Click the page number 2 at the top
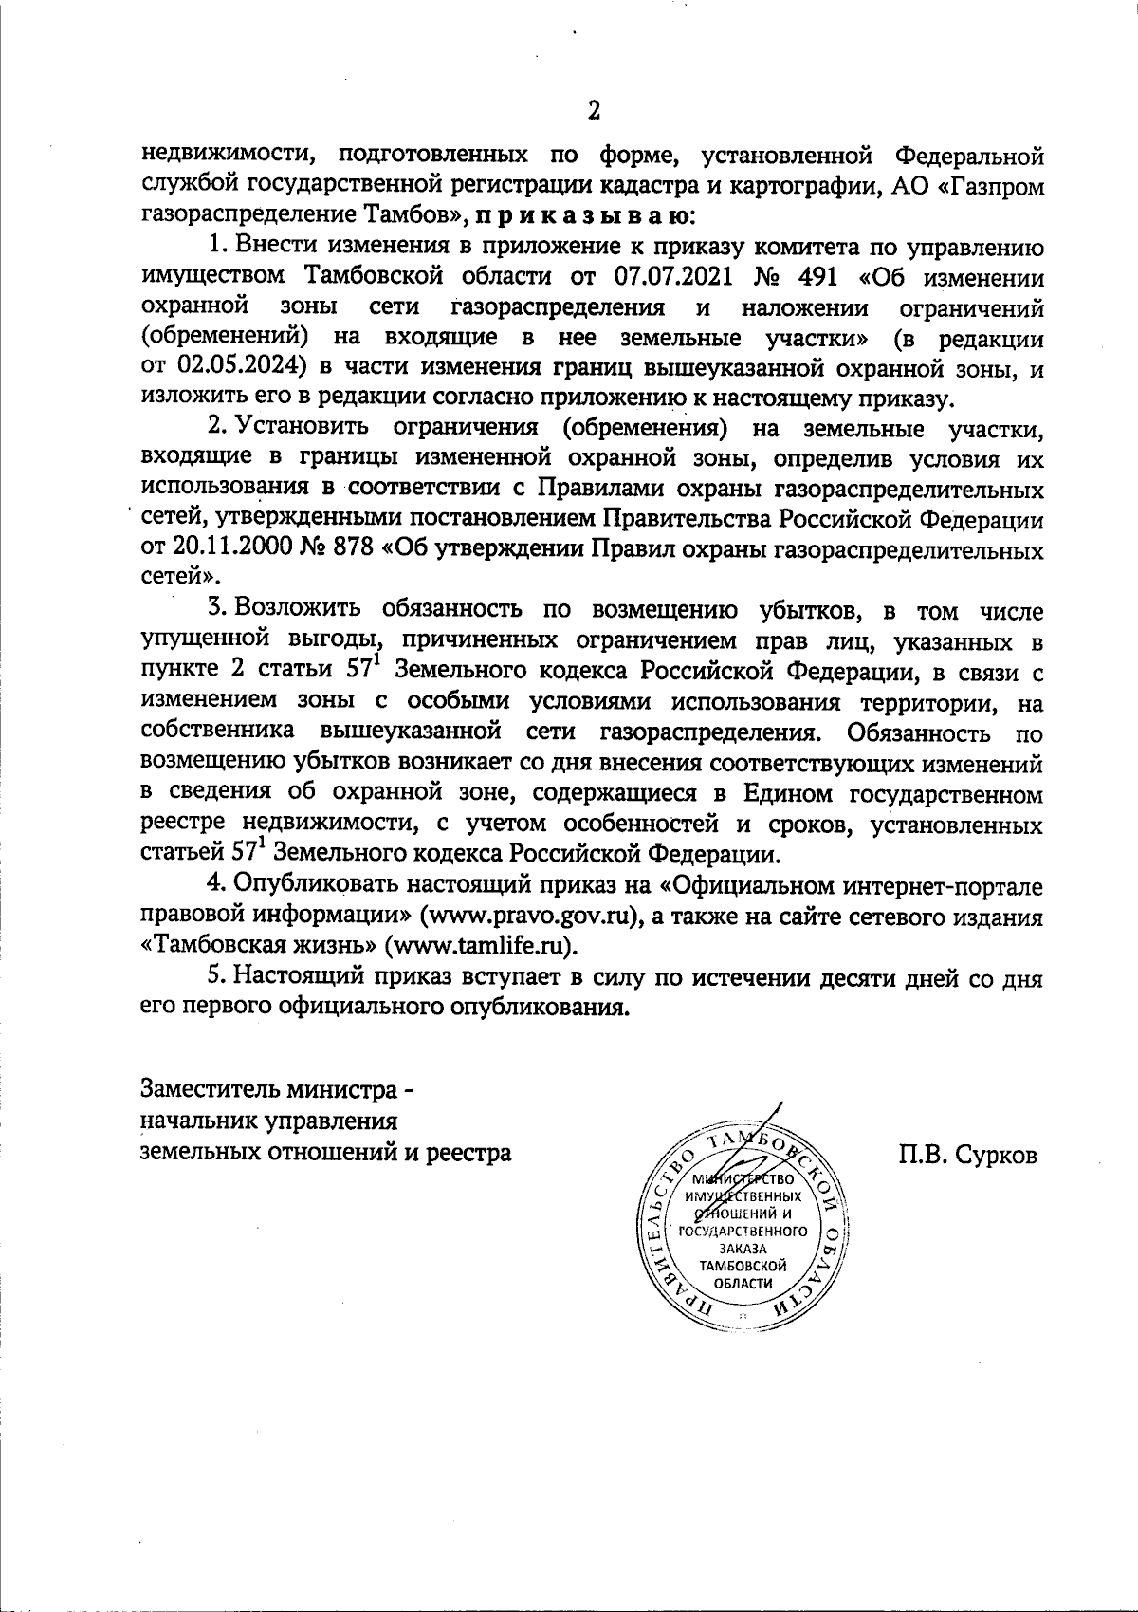click(x=594, y=110)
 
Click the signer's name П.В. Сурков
click(x=969, y=1155)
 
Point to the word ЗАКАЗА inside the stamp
click(x=743, y=1249)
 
